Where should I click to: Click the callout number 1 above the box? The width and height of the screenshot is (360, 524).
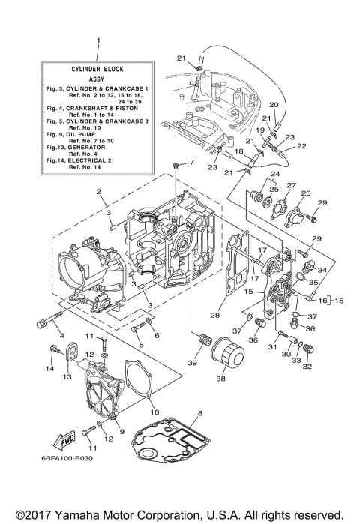pyautogui.click(x=97, y=39)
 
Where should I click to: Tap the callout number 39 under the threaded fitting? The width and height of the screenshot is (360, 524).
pyautogui.click(x=193, y=364)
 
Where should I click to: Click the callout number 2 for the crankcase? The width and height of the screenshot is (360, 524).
pyautogui.click(x=98, y=192)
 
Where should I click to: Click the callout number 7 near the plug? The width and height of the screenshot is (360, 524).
pyautogui.click(x=190, y=162)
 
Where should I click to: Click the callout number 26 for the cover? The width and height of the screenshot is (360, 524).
pyautogui.click(x=305, y=193)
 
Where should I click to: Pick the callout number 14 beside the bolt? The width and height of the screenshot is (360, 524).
pyautogui.click(x=51, y=369)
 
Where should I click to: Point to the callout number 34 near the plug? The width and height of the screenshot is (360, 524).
pyautogui.click(x=322, y=269)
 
